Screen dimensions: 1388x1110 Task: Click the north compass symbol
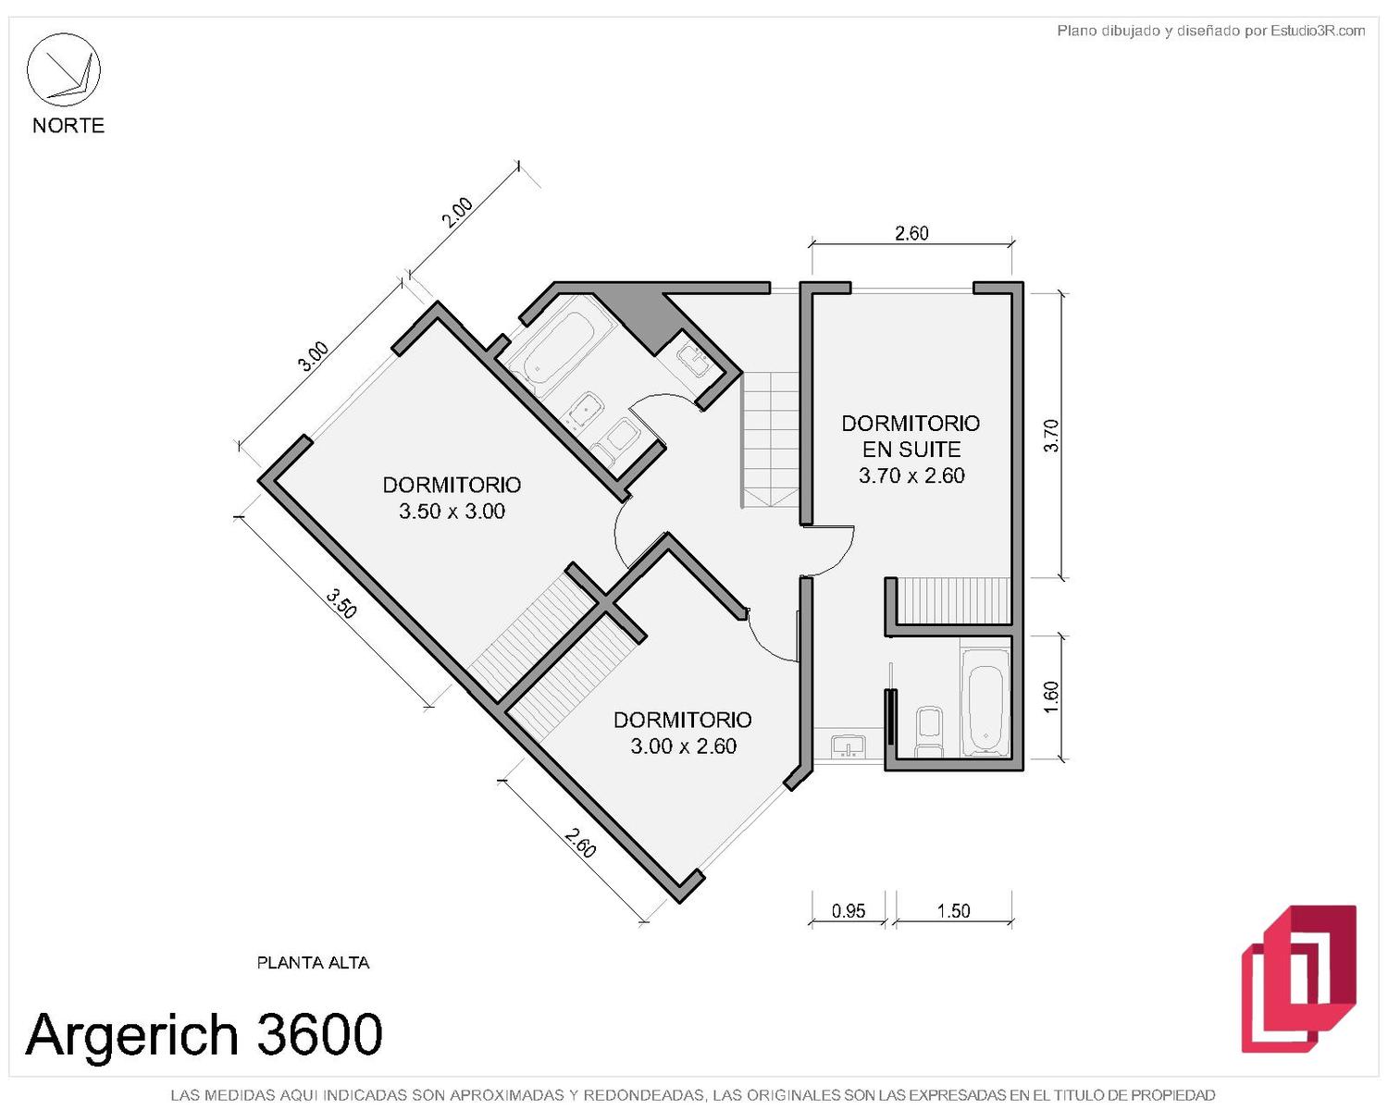click(x=63, y=69)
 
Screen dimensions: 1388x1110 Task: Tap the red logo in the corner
click(x=1298, y=979)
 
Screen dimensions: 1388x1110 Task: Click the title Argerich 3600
click(x=204, y=1034)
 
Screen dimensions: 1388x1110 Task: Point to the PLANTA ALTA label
click(x=313, y=962)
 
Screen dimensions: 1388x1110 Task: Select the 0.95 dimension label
click(x=849, y=911)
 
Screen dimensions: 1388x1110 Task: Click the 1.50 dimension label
click(x=953, y=911)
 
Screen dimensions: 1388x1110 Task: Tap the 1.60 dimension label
click(x=1050, y=697)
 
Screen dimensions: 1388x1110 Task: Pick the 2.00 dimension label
click(x=456, y=212)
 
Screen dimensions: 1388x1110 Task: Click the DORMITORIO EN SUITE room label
click(x=911, y=436)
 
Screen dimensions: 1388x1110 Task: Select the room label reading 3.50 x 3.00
click(x=452, y=512)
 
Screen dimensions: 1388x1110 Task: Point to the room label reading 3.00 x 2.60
click(x=683, y=746)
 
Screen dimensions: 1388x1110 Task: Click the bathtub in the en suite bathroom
click(x=985, y=702)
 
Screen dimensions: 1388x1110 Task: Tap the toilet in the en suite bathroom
click(x=929, y=732)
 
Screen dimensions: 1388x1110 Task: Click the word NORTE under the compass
click(x=68, y=125)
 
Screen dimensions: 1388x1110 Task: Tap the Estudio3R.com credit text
click(x=1318, y=31)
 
